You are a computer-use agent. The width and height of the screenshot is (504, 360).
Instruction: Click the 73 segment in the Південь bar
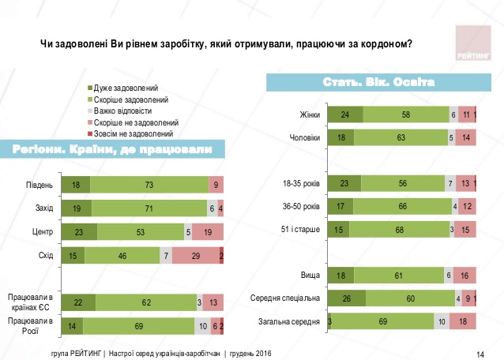(149, 186)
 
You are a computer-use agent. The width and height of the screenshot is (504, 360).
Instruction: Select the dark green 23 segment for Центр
(78, 233)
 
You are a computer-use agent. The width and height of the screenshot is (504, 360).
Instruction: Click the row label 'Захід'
(43, 209)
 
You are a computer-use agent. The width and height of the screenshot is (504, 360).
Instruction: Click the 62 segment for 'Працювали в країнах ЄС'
(145, 302)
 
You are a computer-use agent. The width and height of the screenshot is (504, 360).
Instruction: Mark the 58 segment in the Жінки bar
(405, 115)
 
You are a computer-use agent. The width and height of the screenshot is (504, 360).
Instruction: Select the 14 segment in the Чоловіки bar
(466, 137)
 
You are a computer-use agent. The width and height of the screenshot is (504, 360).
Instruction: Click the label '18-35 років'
(301, 184)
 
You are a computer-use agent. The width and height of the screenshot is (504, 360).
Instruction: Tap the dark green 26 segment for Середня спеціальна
(347, 298)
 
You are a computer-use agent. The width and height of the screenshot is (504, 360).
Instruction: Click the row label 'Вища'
(310, 275)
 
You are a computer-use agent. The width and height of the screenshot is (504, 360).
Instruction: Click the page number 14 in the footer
(481, 352)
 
